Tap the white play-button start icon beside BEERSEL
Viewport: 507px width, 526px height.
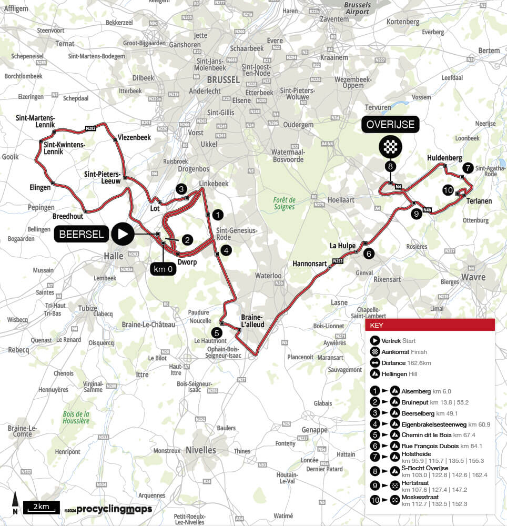coord(123,234)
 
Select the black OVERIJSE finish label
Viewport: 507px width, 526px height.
coord(390,125)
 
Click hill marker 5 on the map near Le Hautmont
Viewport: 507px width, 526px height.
coord(216,332)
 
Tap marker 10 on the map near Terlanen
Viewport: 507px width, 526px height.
coord(448,190)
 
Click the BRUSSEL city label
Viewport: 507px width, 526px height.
coord(223,80)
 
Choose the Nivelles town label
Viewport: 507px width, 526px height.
coord(201,450)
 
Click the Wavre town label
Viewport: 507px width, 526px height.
coord(473,277)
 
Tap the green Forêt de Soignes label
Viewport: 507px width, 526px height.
coord(285,203)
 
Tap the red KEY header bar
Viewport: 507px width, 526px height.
coord(430,325)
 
